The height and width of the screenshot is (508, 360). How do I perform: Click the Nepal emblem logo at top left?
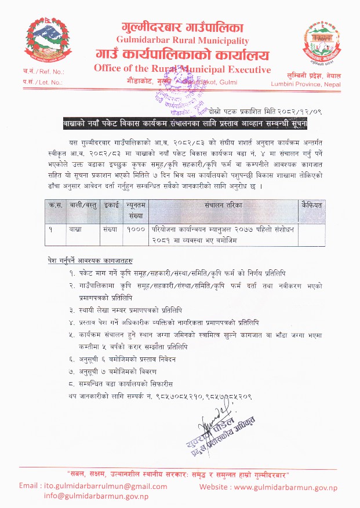tap(44, 42)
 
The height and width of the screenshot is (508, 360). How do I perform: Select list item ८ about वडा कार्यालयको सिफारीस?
tap(129, 383)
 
